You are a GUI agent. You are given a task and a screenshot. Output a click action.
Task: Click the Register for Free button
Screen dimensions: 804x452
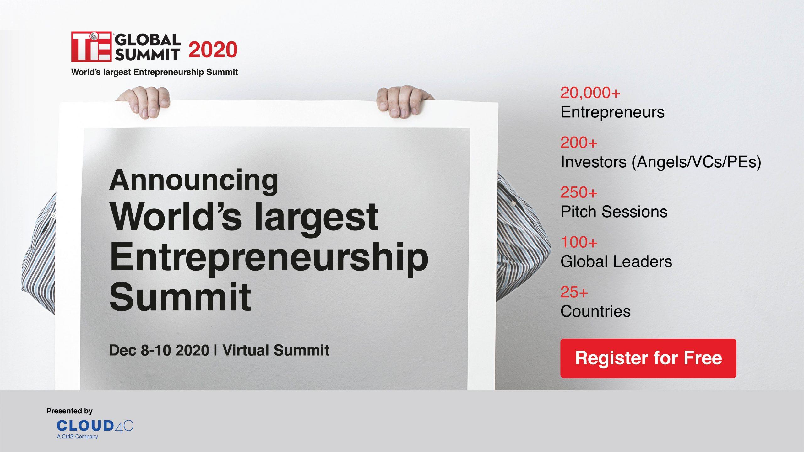pos(648,358)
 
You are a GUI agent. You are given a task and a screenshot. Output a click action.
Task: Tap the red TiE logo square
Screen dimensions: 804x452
pos(91,46)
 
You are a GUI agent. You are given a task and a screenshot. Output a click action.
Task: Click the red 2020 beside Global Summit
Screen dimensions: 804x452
pos(213,50)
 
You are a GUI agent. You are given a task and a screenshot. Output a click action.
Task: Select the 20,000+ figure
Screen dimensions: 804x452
pos(590,93)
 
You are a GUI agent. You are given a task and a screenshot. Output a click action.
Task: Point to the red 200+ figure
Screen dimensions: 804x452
pos(579,143)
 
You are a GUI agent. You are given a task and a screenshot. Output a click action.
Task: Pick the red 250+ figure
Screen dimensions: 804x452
pos(579,192)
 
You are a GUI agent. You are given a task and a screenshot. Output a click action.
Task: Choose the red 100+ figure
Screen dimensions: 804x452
pos(579,242)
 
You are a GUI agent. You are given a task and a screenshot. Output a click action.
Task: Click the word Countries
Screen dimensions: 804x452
pos(596,311)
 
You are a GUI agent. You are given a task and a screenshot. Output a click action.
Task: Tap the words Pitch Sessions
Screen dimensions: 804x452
pos(614,212)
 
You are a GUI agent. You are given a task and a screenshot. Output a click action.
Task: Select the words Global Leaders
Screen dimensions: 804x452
pos(616,261)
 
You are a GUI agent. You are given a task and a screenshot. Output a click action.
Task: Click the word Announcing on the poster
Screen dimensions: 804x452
pos(193,181)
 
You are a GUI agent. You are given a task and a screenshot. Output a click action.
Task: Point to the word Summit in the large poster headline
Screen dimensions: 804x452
pos(180,296)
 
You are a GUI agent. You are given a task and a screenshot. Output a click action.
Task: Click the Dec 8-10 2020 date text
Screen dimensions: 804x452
pos(159,350)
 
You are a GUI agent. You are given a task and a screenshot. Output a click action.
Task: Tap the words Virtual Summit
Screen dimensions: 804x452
pos(276,350)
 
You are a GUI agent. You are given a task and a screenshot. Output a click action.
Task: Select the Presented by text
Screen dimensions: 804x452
pos(69,411)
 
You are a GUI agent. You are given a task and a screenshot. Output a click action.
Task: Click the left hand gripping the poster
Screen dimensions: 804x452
pos(143,102)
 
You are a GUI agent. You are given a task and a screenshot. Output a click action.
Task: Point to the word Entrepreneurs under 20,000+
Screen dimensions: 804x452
pos(612,112)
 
